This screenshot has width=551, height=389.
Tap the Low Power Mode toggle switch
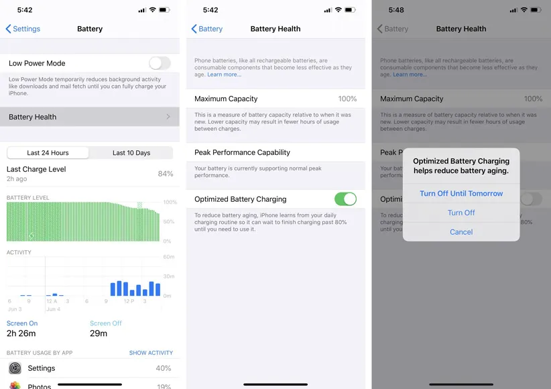coord(160,63)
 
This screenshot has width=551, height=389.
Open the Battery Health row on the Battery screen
coord(89,117)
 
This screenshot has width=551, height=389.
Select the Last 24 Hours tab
coord(48,153)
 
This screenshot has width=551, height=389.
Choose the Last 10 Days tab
coord(131,153)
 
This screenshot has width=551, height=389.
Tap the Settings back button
coord(23,29)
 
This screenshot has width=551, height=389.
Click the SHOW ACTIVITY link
coord(151,353)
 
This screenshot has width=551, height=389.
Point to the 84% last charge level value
coord(165,174)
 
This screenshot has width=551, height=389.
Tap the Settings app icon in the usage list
coord(15,368)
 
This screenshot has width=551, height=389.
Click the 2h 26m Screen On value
coord(21,333)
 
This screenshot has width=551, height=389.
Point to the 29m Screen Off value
coord(99,333)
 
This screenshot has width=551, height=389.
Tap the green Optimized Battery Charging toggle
coord(345,199)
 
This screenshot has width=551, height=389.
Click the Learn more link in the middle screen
coord(224,74)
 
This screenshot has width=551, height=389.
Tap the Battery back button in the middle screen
coord(207,29)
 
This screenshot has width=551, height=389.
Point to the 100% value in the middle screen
coord(347,99)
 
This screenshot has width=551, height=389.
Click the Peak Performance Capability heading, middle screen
coord(242,152)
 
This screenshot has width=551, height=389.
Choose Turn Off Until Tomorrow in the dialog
coord(461,193)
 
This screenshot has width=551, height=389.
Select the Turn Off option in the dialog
coord(461,213)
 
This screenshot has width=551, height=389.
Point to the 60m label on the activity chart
coord(169,258)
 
